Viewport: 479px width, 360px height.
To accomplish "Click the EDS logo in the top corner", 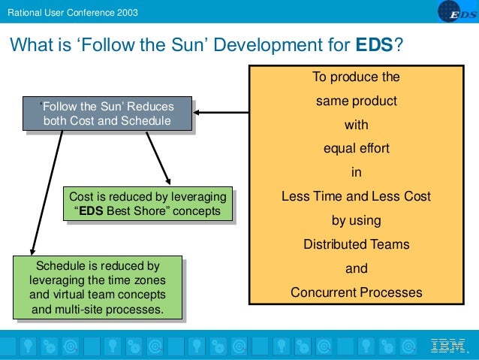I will click(454, 13).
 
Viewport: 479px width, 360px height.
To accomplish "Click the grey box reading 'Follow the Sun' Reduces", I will click(107, 113).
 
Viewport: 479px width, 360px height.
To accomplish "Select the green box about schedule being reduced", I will click(98, 287).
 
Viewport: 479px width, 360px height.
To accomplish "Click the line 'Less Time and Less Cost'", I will click(356, 196).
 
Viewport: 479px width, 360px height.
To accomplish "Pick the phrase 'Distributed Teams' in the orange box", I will click(356, 244).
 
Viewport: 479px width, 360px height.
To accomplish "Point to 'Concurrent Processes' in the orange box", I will click(356, 292).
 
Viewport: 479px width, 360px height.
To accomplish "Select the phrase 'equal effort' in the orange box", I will click(356, 148).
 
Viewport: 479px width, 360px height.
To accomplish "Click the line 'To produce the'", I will click(356, 77).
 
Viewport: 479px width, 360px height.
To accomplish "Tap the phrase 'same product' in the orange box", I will click(356, 100).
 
